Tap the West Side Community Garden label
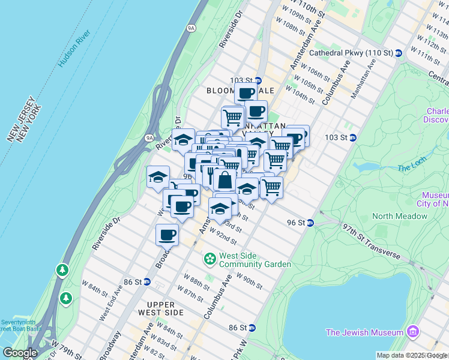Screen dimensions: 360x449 point(255,260)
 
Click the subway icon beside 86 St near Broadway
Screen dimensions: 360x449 point(146,281)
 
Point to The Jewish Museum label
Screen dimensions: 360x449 point(364,332)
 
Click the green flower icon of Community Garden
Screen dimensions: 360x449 point(210,259)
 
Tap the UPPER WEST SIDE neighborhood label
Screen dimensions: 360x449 point(160,308)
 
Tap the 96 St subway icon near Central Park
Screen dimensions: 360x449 point(310,223)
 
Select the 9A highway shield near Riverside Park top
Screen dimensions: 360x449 point(191,27)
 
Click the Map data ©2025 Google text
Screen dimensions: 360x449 point(412,355)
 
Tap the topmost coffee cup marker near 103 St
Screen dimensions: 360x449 point(246,93)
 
